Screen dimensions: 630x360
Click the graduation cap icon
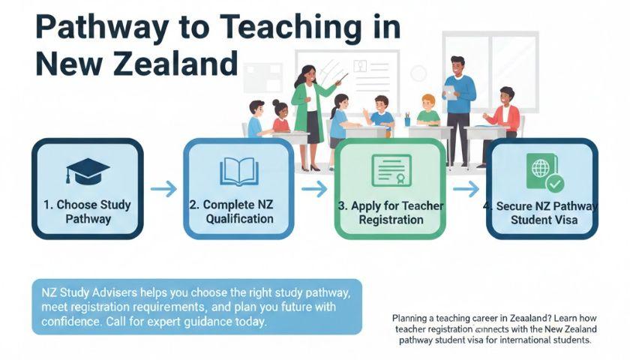pyautogui.click(x=88, y=171)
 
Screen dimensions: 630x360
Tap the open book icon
pyautogui.click(x=239, y=172)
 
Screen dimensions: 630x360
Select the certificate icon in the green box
pyautogui.click(x=391, y=171)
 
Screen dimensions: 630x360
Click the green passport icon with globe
pyautogui.click(x=544, y=173)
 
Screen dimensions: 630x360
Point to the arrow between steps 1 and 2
pyautogui.click(x=163, y=189)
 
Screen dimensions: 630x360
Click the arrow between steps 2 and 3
pyautogui.click(x=314, y=189)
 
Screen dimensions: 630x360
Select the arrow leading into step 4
pyautogui.click(x=466, y=189)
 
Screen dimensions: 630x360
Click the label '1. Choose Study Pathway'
pyautogui.click(x=88, y=211)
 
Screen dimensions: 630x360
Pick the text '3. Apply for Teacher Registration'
pyautogui.click(x=391, y=212)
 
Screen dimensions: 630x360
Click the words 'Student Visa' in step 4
pyautogui.click(x=544, y=220)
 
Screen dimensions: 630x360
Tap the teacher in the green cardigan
pyautogui.click(x=310, y=117)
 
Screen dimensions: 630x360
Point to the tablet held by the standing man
pyautogui.click(x=451, y=94)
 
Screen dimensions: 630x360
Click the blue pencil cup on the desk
pyautogui.click(x=407, y=121)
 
